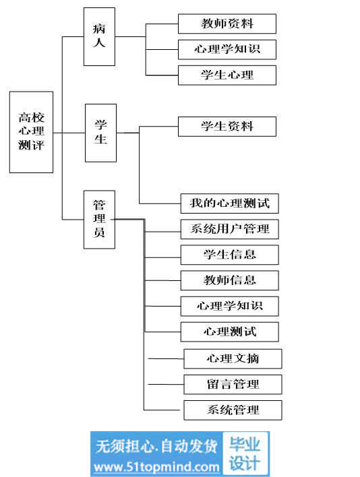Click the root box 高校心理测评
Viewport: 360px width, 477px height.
(31, 132)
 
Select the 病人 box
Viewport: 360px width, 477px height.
(100, 36)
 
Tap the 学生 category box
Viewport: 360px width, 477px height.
(100, 133)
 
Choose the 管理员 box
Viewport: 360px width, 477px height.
(100, 220)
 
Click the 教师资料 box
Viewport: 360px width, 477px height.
(227, 24)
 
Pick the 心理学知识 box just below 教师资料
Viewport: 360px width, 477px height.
(227, 49)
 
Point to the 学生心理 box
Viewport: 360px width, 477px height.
(227, 75)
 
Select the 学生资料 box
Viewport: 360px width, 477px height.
(227, 127)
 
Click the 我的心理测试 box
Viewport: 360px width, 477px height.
(230, 203)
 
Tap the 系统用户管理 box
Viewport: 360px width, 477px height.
(230, 229)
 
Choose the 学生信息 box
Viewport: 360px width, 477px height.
(230, 255)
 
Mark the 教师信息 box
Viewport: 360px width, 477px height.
(230, 280)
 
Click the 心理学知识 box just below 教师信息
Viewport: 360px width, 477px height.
(230, 306)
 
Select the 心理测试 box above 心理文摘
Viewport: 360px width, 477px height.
(230, 331)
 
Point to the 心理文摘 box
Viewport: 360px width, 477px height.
(233, 358)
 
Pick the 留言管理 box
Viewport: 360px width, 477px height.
(233, 385)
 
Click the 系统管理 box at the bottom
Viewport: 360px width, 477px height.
(233, 410)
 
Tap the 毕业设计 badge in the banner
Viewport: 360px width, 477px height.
(245, 453)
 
